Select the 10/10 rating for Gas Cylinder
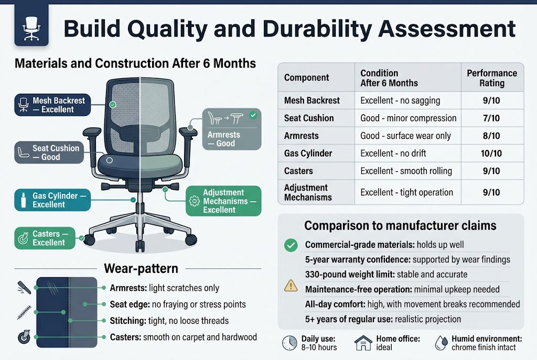pyautogui.click(x=491, y=154)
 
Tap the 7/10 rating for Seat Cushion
pyautogui.click(x=491, y=118)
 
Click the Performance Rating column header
pyautogui.click(x=491, y=78)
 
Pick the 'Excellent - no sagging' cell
pyautogui.click(x=400, y=100)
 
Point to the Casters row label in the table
pyautogui.click(x=298, y=171)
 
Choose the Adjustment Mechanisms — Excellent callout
pyautogui.click(x=217, y=201)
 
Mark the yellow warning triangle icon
pyautogui.click(x=290, y=286)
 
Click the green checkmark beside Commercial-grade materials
pyautogui.click(x=290, y=245)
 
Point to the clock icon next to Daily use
pyautogui.click(x=289, y=343)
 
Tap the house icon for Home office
pyautogui.click(x=363, y=343)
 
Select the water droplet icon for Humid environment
pyautogui.click(x=441, y=343)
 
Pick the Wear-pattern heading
pyautogui.click(x=141, y=269)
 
